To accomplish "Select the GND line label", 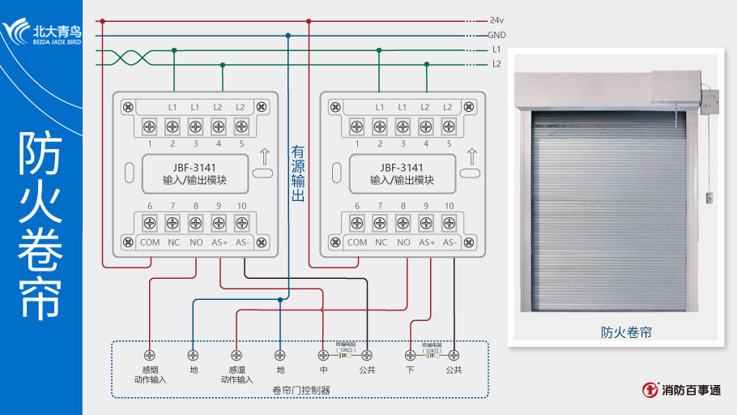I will click(x=496, y=35).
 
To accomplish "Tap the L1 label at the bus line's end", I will click(x=496, y=49).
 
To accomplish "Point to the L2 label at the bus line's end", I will click(x=496, y=64).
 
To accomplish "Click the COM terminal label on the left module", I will click(x=150, y=242).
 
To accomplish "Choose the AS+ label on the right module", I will click(x=427, y=242).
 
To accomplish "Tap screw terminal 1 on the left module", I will click(x=150, y=126).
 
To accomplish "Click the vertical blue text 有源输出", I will click(x=298, y=173).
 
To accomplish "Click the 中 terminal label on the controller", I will click(x=323, y=370).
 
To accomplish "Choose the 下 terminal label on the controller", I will click(x=410, y=370).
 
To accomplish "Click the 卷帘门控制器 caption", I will click(x=301, y=390).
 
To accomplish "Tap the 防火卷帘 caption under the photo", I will click(x=626, y=332).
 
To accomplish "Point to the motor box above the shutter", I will click(x=675, y=90).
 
